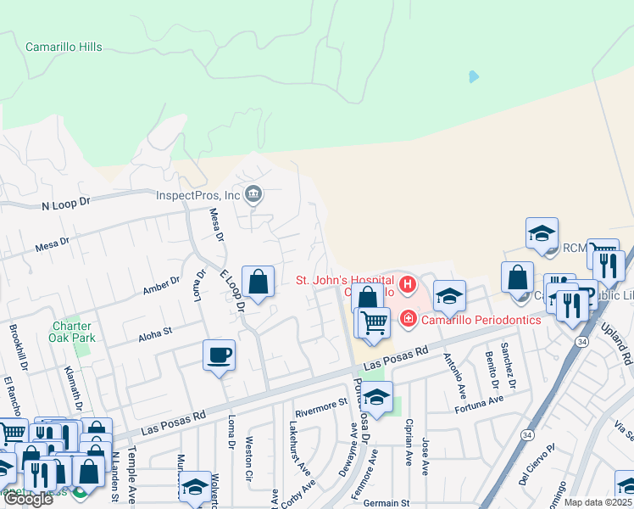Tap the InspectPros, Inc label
point(198,195)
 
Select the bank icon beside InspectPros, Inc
point(253,196)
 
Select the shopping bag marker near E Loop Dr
point(258,282)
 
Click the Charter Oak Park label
point(71,332)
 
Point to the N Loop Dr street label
point(65,205)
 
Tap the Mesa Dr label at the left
point(52,246)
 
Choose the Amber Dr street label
point(161,285)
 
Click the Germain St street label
point(386,503)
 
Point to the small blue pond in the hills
point(473,76)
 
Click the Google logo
point(28,499)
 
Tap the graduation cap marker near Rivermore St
point(376,397)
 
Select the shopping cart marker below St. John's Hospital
point(373,323)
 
